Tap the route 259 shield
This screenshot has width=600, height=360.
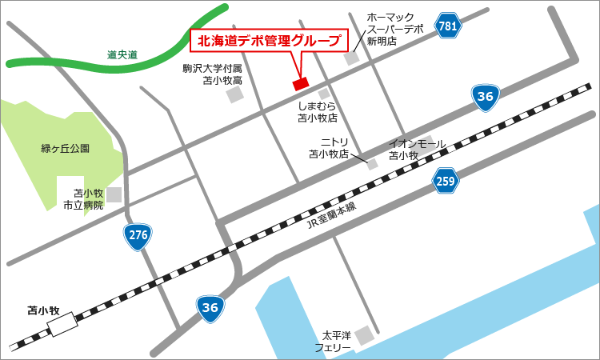pos(446,182)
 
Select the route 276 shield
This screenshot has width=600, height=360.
pos(137,235)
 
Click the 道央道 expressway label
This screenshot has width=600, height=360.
pos(122,54)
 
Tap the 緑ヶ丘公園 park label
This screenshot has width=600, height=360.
pos(66,148)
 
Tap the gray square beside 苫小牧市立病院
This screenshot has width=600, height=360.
pos(115,194)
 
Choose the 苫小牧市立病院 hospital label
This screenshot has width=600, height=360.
pos(84,199)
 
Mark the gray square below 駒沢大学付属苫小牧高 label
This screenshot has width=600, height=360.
pos(234,95)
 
